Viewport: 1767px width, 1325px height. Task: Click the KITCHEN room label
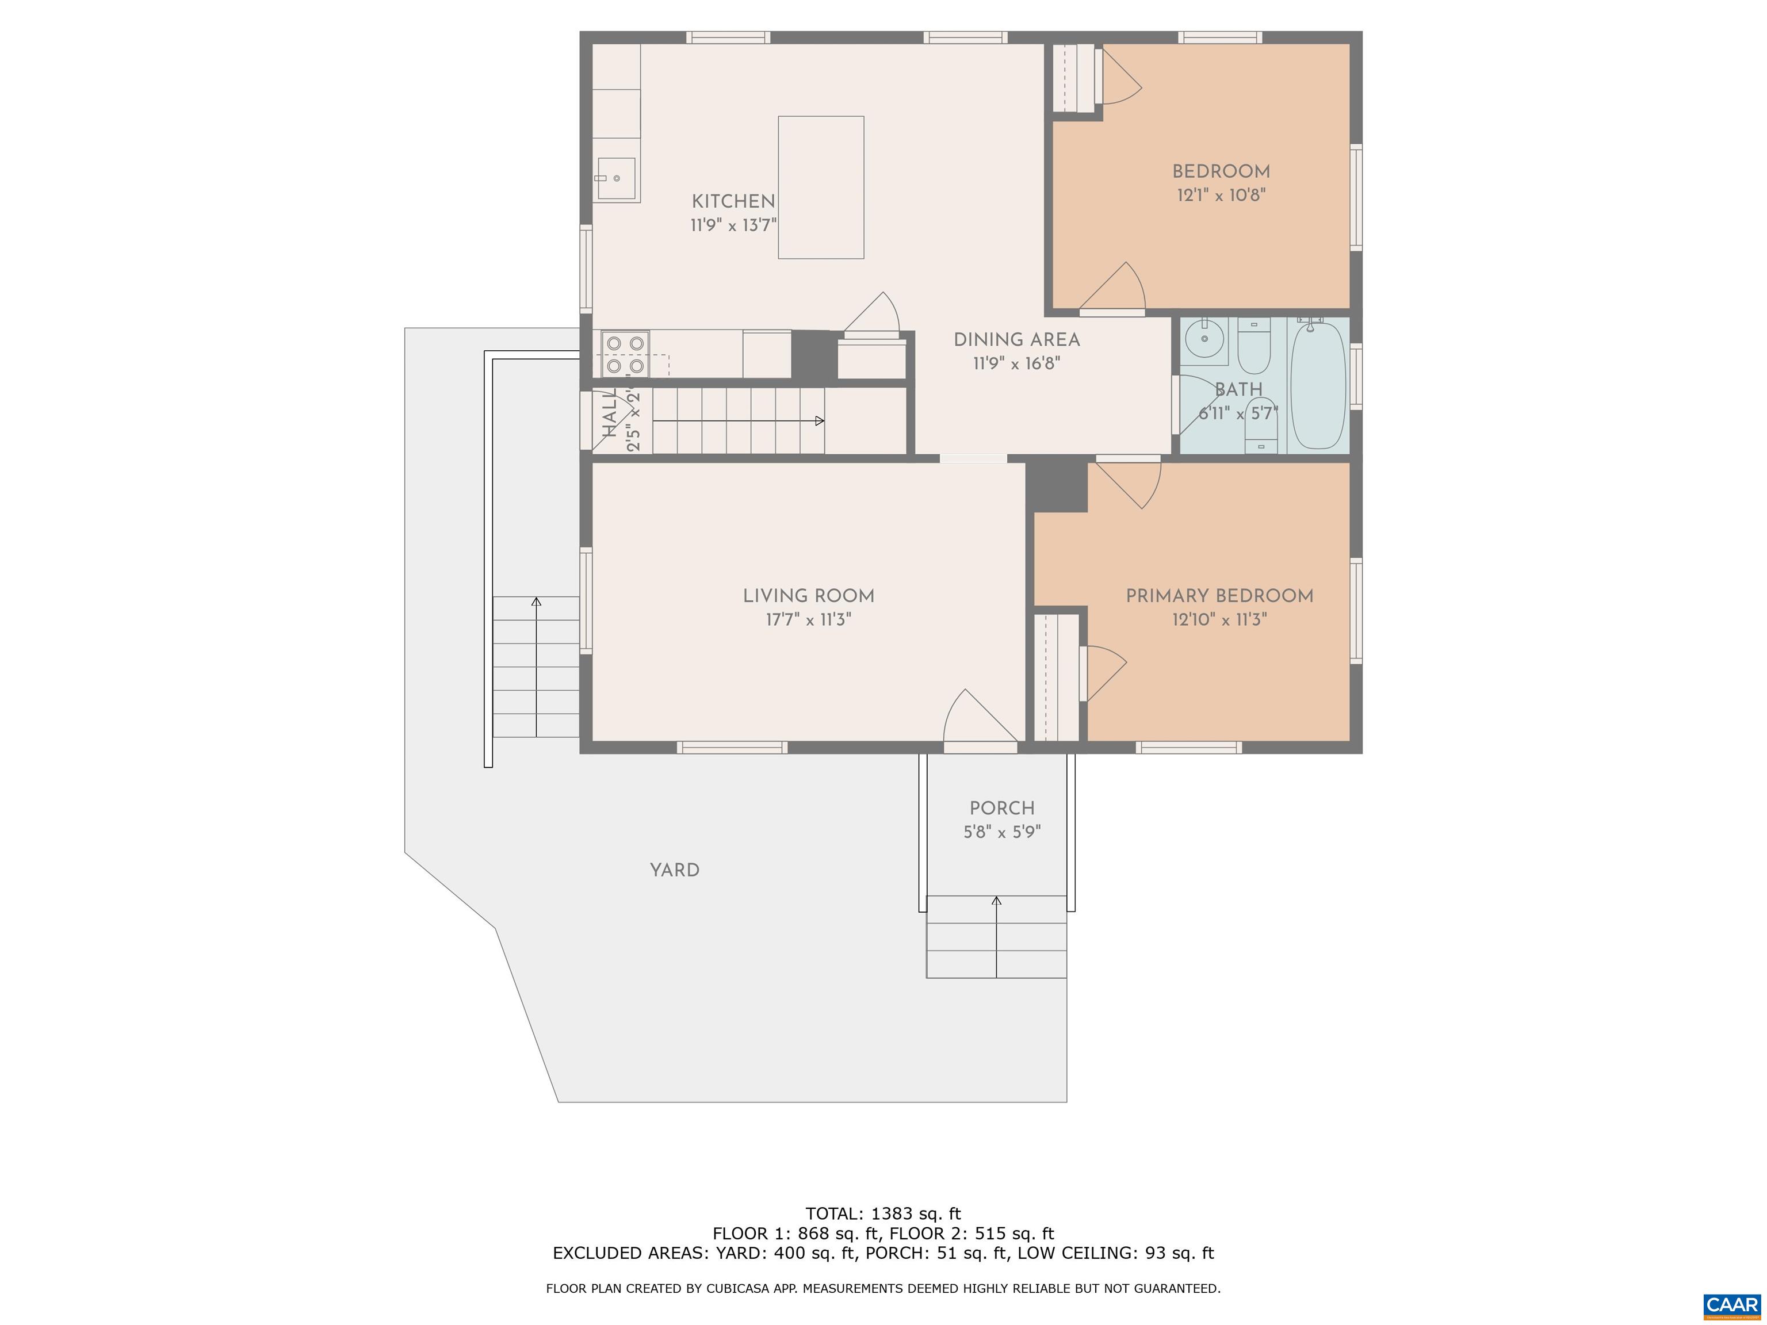click(x=733, y=201)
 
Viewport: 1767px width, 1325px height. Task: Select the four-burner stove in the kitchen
click(x=625, y=354)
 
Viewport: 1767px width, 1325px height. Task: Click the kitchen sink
click(x=616, y=179)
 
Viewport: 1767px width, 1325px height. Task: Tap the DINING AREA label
click(x=1016, y=339)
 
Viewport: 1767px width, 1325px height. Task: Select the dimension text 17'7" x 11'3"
click(x=808, y=620)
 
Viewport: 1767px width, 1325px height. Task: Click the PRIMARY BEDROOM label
click(x=1219, y=596)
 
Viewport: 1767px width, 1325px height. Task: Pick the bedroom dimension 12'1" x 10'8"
click(x=1221, y=195)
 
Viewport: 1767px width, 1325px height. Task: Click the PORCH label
click(x=1002, y=807)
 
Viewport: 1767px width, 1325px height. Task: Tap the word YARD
click(x=674, y=870)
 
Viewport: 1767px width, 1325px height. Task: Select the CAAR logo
click(x=1731, y=1305)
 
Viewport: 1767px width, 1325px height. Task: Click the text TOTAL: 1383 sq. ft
click(x=883, y=1214)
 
